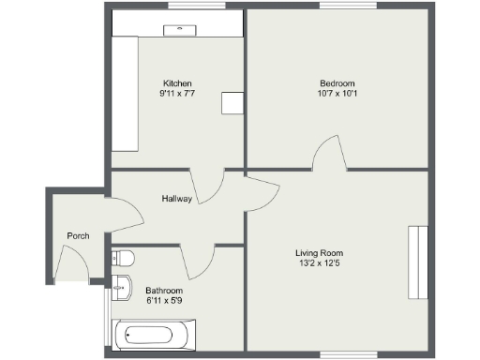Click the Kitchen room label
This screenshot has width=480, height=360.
point(177,82)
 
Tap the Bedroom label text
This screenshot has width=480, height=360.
point(336,82)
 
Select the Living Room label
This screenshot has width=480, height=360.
point(320,253)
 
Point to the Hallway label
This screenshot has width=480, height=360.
point(176,199)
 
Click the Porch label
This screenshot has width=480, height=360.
point(78,236)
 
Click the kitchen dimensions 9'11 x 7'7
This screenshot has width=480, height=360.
point(177,94)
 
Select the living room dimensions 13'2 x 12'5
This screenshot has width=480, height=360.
point(320,264)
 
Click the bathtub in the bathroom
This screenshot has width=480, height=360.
point(154,335)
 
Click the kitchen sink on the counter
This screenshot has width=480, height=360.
point(178,29)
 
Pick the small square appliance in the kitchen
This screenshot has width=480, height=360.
point(232,104)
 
